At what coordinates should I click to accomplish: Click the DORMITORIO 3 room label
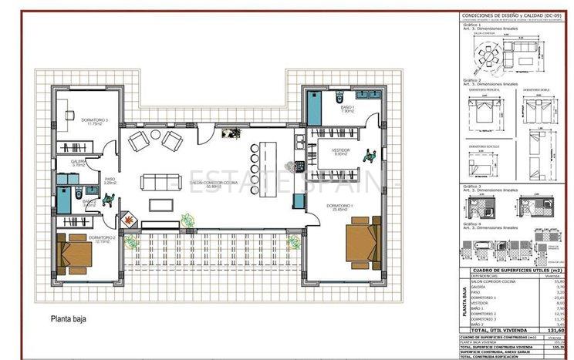(96, 120)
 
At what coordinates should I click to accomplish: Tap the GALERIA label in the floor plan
(79, 161)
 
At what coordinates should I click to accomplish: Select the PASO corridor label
(110, 179)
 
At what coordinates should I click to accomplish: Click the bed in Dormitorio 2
(76, 253)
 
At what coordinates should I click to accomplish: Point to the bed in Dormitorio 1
(363, 241)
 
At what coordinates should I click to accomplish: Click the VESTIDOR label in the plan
(340, 150)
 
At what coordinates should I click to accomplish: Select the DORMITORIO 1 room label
(339, 206)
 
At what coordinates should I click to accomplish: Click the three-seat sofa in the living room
(158, 183)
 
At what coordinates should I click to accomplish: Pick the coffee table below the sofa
(160, 204)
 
